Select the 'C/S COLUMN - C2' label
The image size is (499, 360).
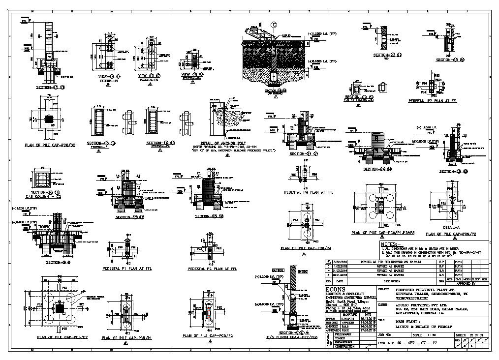click(45, 197)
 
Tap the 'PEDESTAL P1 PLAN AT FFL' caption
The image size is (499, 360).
click(126, 269)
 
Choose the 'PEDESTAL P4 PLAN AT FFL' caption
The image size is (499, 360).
click(309, 192)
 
